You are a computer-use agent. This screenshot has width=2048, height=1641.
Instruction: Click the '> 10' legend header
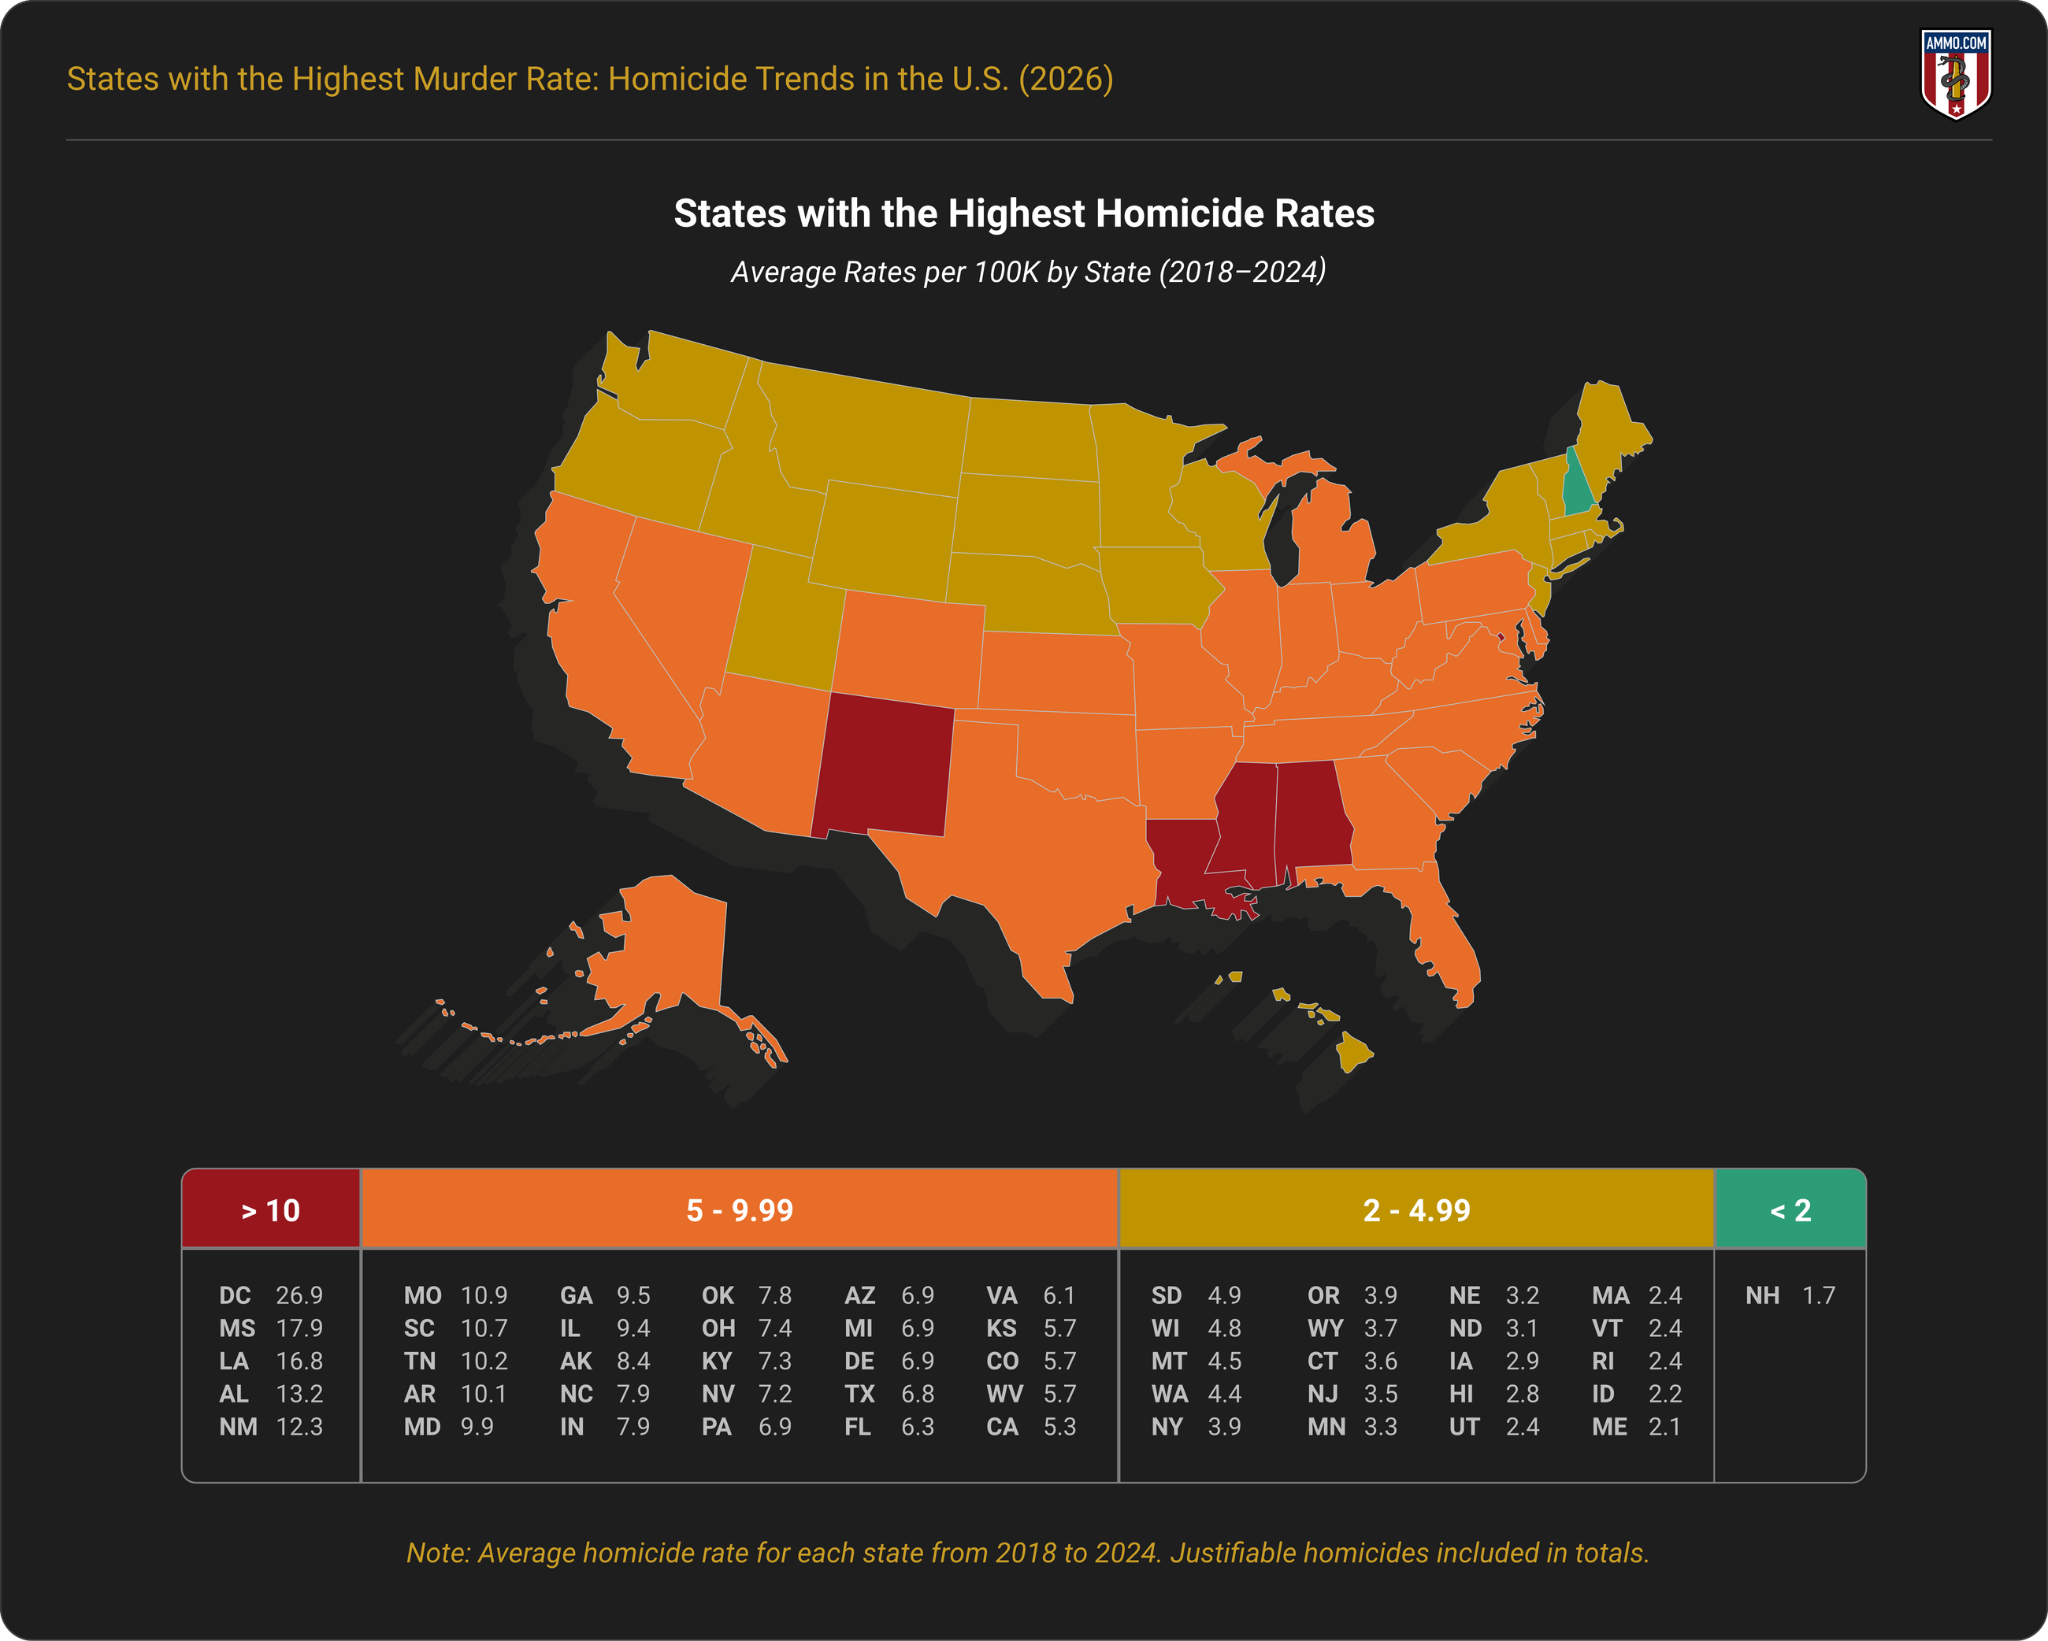[x=271, y=1210]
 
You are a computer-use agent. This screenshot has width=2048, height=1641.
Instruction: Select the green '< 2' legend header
[x=1790, y=1210]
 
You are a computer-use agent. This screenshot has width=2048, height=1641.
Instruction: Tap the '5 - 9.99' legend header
[x=739, y=1210]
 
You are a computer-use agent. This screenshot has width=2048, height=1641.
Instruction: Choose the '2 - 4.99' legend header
[x=1416, y=1210]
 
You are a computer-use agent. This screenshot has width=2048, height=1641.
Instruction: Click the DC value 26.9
[x=299, y=1296]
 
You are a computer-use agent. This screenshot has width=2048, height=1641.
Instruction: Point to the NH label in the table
[x=1762, y=1296]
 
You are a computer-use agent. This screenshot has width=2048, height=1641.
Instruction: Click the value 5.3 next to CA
[x=1060, y=1427]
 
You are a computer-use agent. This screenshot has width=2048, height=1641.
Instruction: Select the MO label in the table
[x=422, y=1296]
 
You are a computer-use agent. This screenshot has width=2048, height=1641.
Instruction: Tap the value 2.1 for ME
[x=1665, y=1427]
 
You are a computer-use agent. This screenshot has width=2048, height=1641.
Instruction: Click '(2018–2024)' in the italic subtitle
[x=1242, y=272]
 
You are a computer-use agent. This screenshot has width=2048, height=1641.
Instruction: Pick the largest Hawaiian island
[x=1354, y=1053]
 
